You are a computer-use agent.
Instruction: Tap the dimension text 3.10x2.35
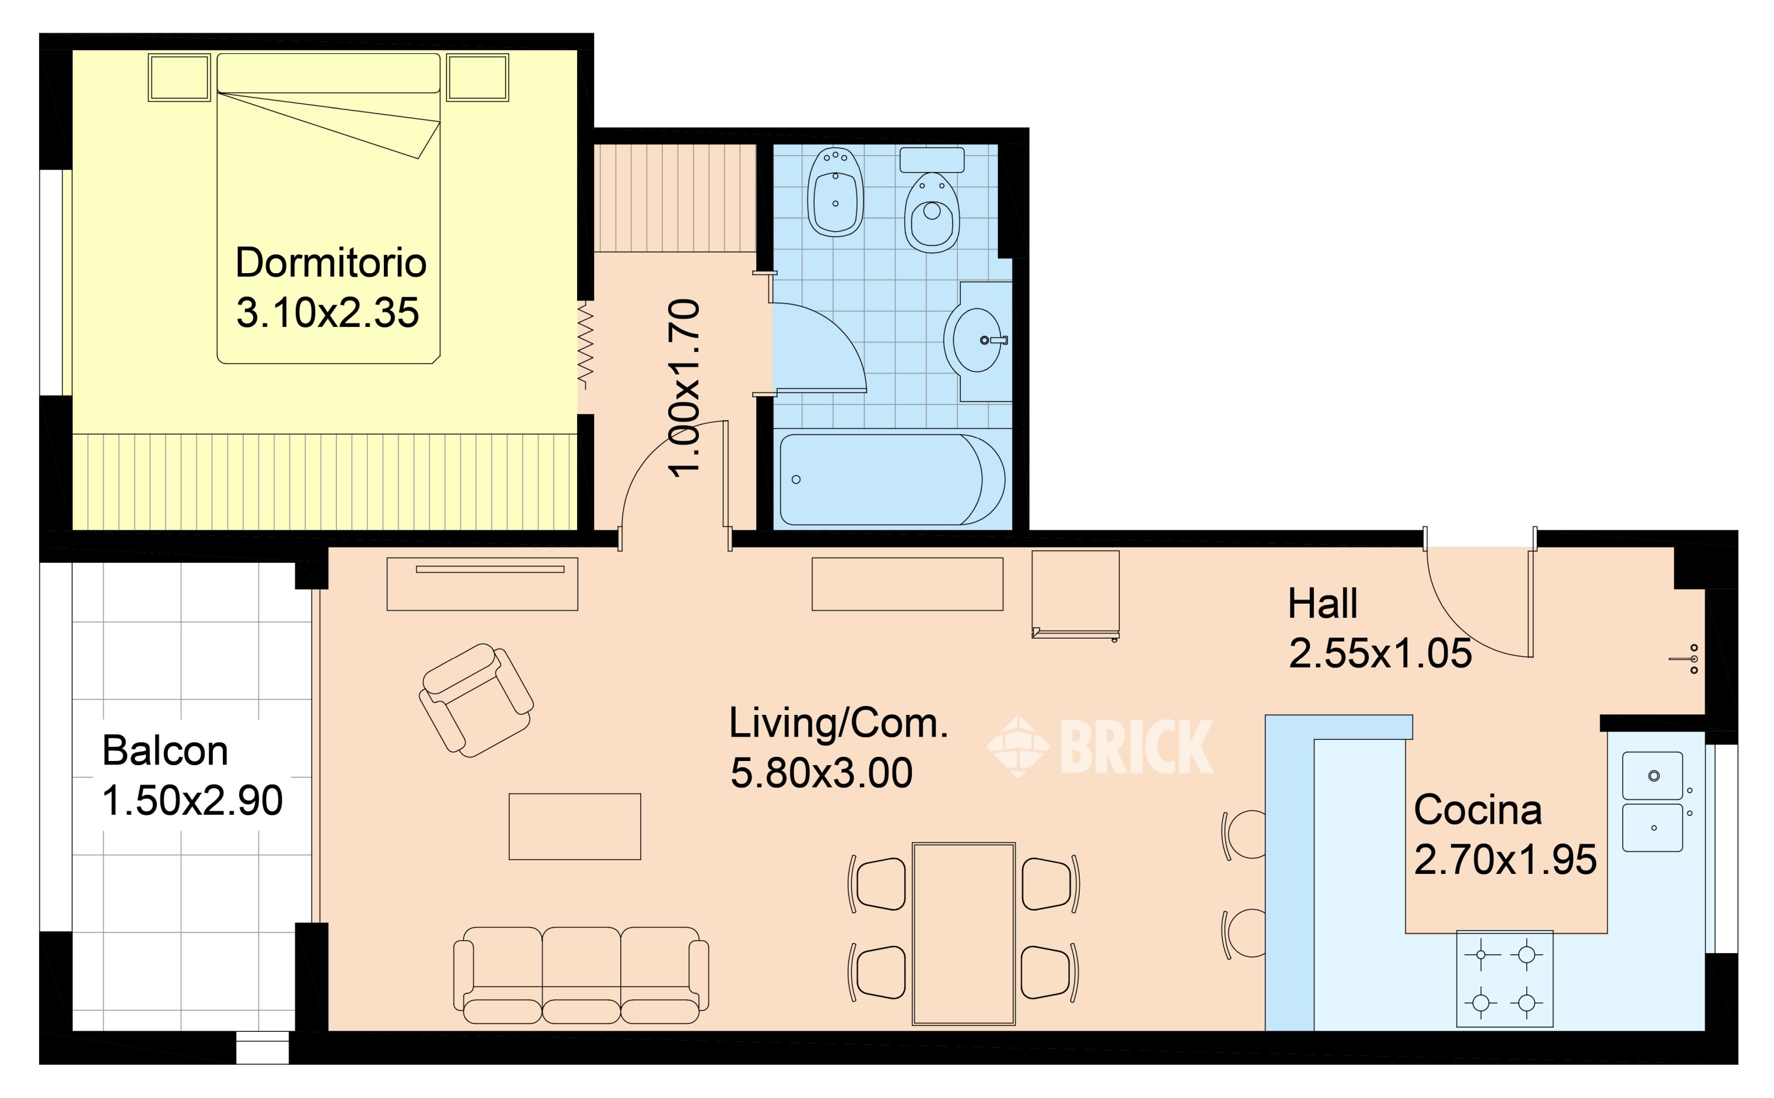[328, 313]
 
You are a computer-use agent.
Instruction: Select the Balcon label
[165, 750]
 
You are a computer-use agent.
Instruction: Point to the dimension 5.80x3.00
[821, 773]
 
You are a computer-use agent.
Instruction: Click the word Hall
[1322, 604]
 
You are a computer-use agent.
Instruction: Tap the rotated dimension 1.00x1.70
[684, 388]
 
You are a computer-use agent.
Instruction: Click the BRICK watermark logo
[1099, 747]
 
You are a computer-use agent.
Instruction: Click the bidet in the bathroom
[836, 192]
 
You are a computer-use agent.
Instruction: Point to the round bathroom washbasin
[975, 340]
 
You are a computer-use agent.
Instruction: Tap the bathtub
[892, 480]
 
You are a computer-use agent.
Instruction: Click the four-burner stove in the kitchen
[1504, 979]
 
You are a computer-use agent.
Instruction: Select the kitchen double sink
[1653, 802]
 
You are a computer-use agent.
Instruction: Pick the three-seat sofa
[581, 975]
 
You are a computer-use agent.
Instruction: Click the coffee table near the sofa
[574, 827]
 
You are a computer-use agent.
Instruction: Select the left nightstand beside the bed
[179, 77]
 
